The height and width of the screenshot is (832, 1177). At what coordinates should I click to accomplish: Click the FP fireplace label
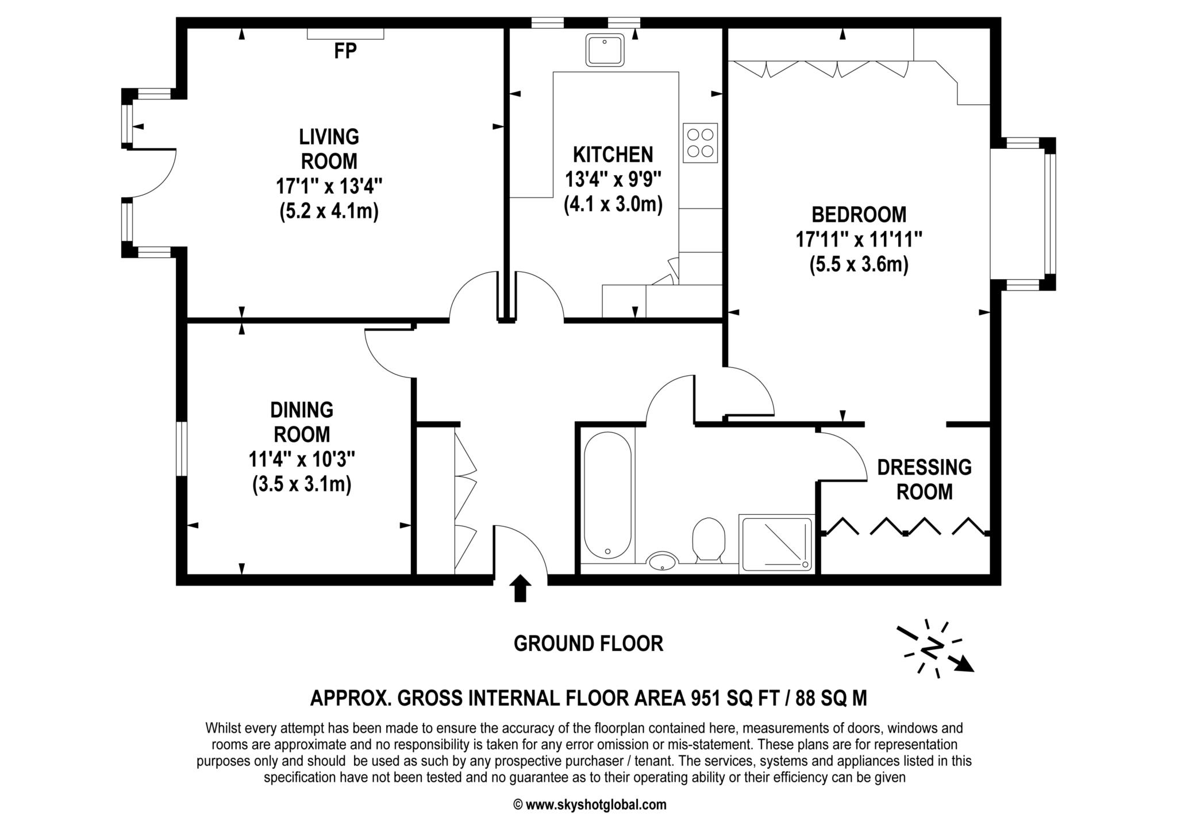pos(345,51)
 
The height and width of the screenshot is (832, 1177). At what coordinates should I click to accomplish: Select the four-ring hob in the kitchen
pos(700,143)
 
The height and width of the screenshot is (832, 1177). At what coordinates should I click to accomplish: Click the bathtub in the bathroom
pos(607,495)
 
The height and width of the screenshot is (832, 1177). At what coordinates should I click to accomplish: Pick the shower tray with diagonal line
pos(776,544)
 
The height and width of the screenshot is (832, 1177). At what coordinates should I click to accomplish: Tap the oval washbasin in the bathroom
pos(663,560)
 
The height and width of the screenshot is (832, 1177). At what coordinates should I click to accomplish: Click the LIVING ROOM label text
pos(329,149)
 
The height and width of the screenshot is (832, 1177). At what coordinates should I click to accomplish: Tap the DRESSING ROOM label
pos(924,480)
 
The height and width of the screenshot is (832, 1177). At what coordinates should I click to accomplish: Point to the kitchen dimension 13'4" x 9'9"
pos(613,180)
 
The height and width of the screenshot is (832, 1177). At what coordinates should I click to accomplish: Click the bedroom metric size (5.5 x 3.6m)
pos(859,265)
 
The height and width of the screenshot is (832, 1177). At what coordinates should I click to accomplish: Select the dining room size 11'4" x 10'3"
pos(302,460)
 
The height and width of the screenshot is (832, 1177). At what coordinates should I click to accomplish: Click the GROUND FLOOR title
pos(588,644)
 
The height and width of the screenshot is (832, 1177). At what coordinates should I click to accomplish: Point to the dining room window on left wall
pos(182,449)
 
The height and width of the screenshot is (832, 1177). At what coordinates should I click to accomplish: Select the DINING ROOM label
pos(302,422)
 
